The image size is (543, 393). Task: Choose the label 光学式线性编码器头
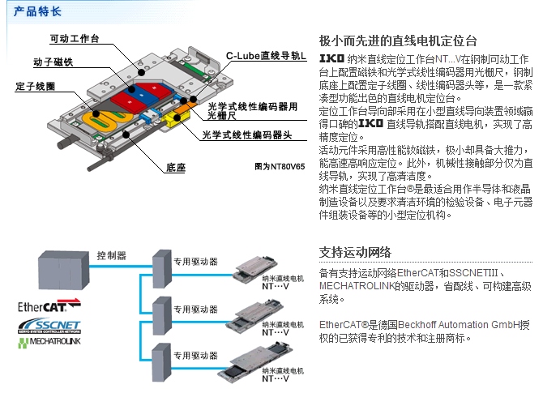pyautogui.click(x=241, y=135)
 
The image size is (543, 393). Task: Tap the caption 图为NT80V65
pyautogui.click(x=280, y=166)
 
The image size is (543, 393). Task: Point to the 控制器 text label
pyautogui.click(x=111, y=254)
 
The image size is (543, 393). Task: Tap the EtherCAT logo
pyautogui.click(x=49, y=309)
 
